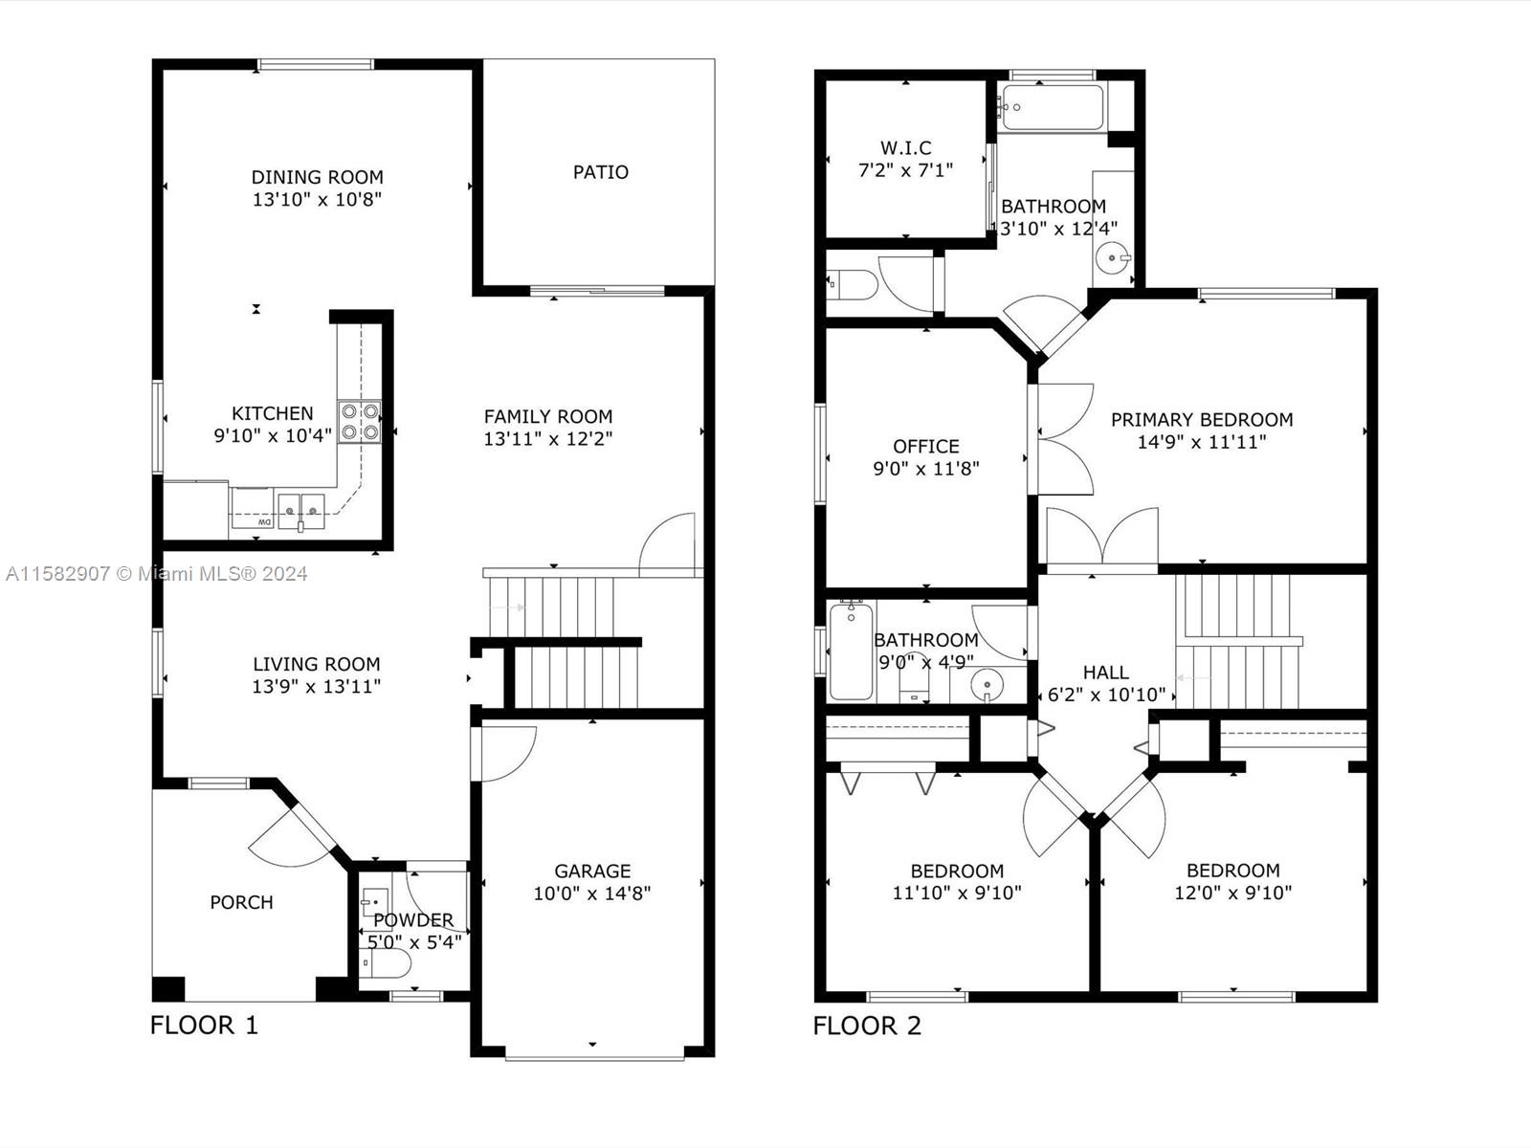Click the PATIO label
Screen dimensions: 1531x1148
click(601, 172)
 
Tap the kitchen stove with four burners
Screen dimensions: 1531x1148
click(360, 422)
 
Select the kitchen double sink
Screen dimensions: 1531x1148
click(301, 511)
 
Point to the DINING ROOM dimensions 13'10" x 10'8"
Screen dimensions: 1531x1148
click(318, 199)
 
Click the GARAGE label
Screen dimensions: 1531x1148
click(592, 871)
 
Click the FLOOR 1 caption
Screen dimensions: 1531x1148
click(205, 1026)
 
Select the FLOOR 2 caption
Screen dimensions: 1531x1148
click(867, 1026)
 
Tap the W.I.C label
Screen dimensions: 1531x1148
click(905, 147)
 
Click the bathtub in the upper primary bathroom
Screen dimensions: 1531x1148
click(1053, 107)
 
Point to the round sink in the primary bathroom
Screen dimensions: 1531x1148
click(1112, 258)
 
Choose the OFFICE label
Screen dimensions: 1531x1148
click(926, 446)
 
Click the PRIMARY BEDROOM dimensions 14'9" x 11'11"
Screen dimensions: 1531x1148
click(1202, 442)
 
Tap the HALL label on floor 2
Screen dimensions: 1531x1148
click(1105, 673)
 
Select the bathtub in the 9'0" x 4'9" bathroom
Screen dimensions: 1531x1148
click(851, 651)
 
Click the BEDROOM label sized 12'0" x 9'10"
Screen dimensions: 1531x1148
click(1233, 871)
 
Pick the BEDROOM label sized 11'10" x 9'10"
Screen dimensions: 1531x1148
click(957, 872)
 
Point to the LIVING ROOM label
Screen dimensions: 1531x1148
click(317, 664)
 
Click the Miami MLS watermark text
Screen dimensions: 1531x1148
click(156, 574)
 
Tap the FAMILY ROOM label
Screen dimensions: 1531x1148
click(548, 417)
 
